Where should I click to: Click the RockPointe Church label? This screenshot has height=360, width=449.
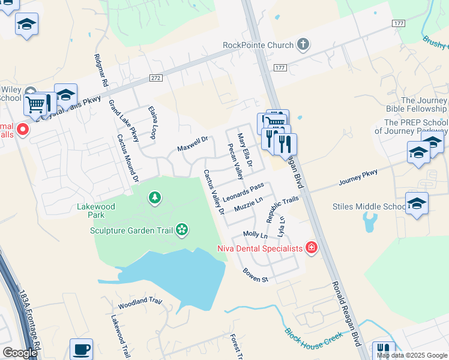click(x=258, y=45)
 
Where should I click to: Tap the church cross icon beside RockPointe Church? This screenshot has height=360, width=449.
click(x=304, y=44)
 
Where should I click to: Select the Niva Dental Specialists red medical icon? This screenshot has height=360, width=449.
click(x=311, y=247)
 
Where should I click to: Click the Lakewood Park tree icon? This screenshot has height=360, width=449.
click(x=155, y=197)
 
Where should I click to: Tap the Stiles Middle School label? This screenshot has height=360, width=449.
click(x=369, y=207)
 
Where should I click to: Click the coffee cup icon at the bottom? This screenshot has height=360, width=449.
click(x=81, y=349)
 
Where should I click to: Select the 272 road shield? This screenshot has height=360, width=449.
click(x=156, y=78)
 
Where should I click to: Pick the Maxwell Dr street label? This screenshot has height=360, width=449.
click(x=192, y=144)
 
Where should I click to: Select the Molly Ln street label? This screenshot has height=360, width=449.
click(x=255, y=234)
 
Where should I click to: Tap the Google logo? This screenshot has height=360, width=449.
click(x=20, y=353)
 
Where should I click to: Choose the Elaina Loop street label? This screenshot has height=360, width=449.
click(x=151, y=122)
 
